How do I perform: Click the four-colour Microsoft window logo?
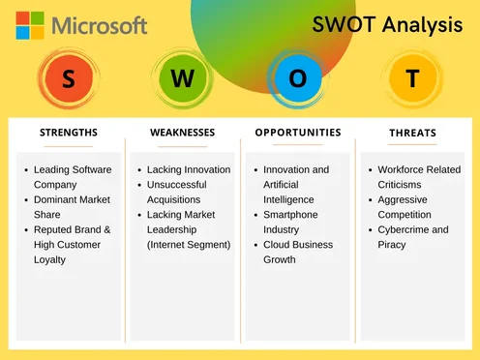pos(30,24)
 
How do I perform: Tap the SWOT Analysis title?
pos(387,26)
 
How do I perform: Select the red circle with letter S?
pos(67,80)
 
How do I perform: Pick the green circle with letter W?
pos(182,80)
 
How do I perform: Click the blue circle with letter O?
pos(297,80)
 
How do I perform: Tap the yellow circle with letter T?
pos(412,80)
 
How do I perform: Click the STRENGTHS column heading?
pos(68,133)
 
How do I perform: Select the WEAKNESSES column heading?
pos(183,133)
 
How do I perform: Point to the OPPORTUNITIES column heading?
pos(298,133)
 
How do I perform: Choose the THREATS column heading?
pos(412,134)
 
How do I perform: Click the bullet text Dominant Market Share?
pos(73,207)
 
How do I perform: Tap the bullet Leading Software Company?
pos(73,177)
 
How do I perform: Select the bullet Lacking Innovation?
pos(189,169)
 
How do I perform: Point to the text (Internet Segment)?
pos(189,245)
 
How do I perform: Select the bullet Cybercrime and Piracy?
pos(413,237)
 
